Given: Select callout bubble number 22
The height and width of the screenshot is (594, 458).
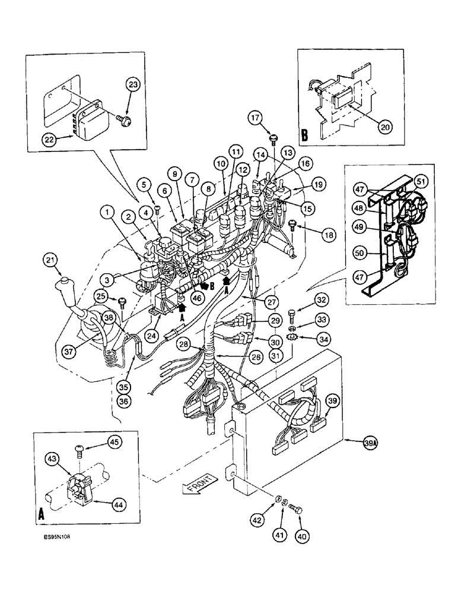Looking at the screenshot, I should click(x=50, y=140).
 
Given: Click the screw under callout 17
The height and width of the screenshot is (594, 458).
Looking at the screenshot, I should click(x=273, y=140).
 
